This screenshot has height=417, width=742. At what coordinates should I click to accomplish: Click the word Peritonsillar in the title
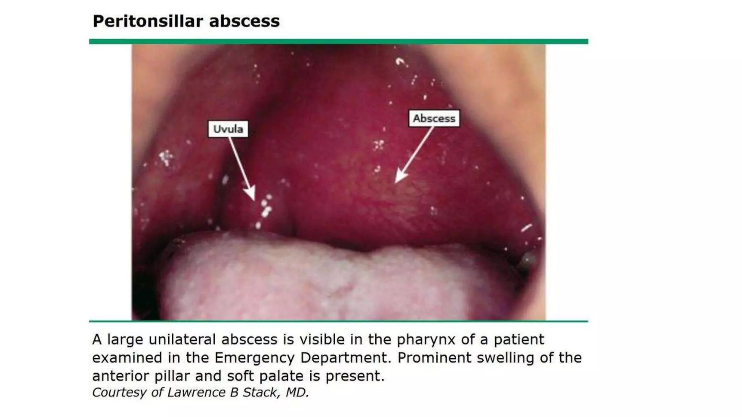147,21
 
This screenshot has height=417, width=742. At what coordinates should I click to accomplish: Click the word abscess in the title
244,21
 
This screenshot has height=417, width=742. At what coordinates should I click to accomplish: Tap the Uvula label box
228,129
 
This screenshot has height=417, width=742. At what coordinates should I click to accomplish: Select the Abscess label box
434,118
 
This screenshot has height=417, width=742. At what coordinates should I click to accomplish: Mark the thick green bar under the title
338,42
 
